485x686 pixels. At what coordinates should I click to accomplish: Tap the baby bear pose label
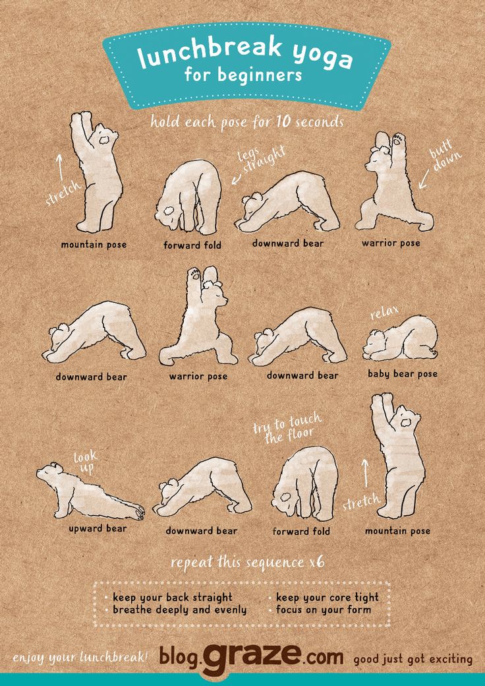[x=403, y=374]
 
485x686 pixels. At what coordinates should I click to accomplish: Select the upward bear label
[x=98, y=528]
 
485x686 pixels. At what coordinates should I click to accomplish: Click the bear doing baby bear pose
[x=400, y=338]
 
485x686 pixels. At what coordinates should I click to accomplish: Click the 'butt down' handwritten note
[x=444, y=156]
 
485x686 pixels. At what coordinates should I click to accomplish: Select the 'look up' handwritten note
[x=85, y=463]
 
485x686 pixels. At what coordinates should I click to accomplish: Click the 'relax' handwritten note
[x=384, y=313]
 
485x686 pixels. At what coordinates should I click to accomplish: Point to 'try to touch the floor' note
[x=287, y=428]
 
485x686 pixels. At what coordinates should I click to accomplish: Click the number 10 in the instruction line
[x=283, y=121]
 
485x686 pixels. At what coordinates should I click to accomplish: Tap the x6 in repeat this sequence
[x=317, y=562]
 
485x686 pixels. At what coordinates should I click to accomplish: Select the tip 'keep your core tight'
[x=328, y=597]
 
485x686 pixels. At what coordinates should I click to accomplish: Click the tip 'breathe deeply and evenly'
[x=180, y=610]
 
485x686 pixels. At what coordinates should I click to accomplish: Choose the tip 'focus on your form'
[x=324, y=610]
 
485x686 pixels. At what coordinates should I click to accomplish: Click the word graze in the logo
[x=251, y=657]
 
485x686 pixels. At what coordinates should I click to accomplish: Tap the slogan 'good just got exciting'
[x=413, y=660]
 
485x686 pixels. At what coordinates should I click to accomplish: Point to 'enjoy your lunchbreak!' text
[x=80, y=658]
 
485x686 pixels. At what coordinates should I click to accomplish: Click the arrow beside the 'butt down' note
[x=424, y=179]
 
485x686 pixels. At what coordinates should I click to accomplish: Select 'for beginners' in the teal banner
[x=243, y=75]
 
